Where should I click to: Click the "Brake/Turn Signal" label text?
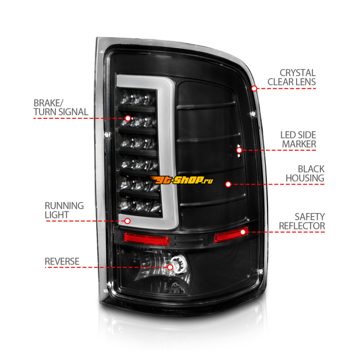tap(60, 107)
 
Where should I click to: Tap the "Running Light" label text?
tap(64, 210)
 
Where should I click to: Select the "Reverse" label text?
tap(62, 261)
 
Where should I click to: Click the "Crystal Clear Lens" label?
tap(297, 77)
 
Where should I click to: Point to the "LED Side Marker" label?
tap(298, 139)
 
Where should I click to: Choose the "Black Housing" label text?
tap(304, 173)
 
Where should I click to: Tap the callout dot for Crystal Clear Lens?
tap(254, 88)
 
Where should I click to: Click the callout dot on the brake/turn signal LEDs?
tap(128, 118)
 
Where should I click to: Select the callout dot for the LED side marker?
tap(239, 150)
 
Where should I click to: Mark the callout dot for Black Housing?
tap(228, 184)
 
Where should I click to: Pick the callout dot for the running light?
tap(127, 220)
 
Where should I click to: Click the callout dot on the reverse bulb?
tap(170, 267)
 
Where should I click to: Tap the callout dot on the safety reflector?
tap(243, 232)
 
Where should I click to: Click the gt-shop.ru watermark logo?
tap(191, 180)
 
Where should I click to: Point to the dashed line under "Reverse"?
tap(90, 267)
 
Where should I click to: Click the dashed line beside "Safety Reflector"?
tap(288, 232)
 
